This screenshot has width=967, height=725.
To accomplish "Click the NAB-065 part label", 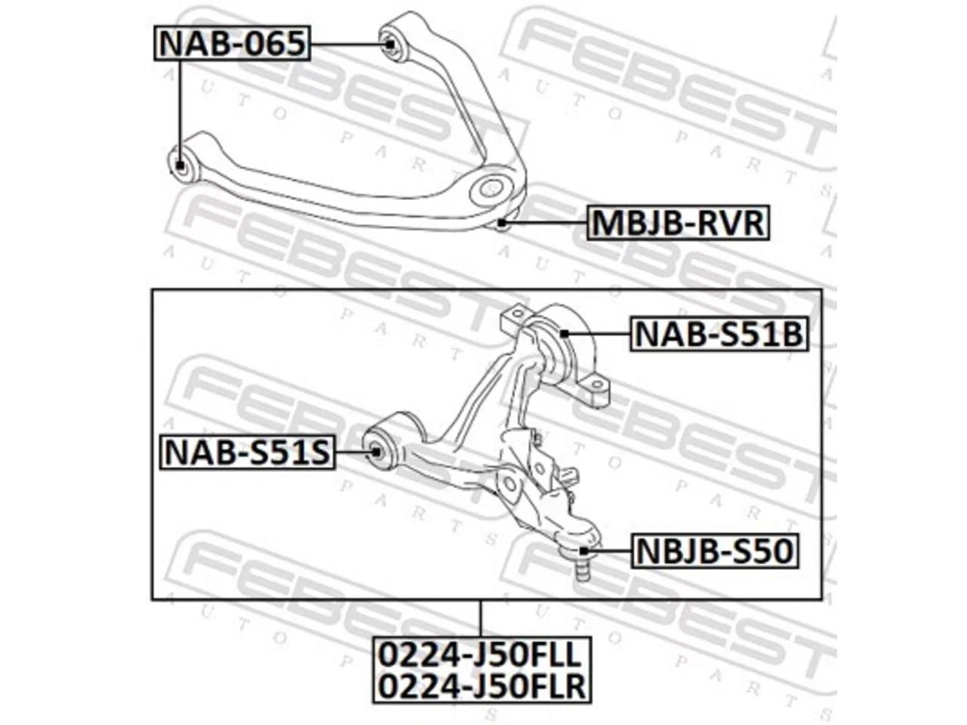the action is [x=232, y=43].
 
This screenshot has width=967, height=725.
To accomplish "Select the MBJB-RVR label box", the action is [x=678, y=223].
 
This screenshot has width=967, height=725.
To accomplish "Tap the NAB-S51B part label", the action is [x=719, y=334].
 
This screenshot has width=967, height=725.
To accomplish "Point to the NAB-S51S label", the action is [x=247, y=452].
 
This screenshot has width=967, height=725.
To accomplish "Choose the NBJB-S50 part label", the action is [x=715, y=551].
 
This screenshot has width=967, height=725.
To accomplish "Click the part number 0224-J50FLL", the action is [x=481, y=655].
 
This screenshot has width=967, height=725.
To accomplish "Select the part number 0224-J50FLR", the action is [x=482, y=686].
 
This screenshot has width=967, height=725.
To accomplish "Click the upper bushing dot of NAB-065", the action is [x=389, y=44].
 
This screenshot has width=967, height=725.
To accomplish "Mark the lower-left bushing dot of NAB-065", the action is [x=180, y=165].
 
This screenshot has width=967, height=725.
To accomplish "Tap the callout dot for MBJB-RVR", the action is [x=502, y=223].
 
